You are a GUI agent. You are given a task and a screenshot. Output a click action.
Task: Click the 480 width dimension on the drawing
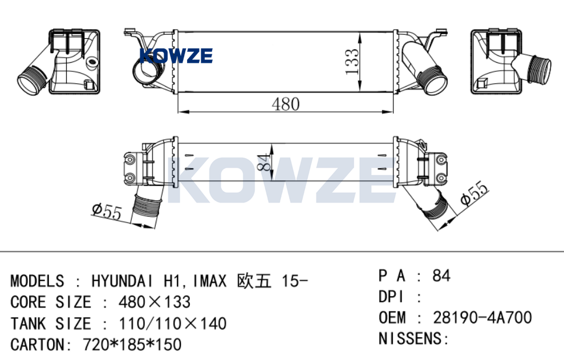click(286, 104)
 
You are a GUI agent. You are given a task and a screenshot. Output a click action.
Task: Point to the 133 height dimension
click(352, 62)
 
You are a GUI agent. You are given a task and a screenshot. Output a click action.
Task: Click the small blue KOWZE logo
click(176, 56)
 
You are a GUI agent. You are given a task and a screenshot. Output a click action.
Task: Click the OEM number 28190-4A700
click(482, 318)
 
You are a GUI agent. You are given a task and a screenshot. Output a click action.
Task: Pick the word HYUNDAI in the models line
click(122, 281)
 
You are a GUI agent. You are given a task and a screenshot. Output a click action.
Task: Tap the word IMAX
click(209, 281)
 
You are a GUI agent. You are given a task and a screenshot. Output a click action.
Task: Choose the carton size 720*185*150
click(132, 345)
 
